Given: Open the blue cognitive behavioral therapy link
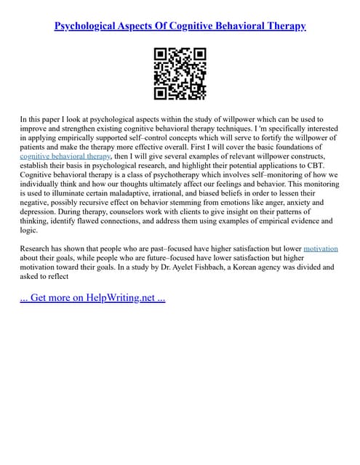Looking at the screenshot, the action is [x=65, y=155].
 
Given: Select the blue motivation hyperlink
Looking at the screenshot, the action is [x=321, y=248].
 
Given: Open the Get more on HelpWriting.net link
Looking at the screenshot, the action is [x=92, y=298].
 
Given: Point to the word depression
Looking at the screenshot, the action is [x=42, y=212].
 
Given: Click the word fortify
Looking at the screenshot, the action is [x=261, y=137].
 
